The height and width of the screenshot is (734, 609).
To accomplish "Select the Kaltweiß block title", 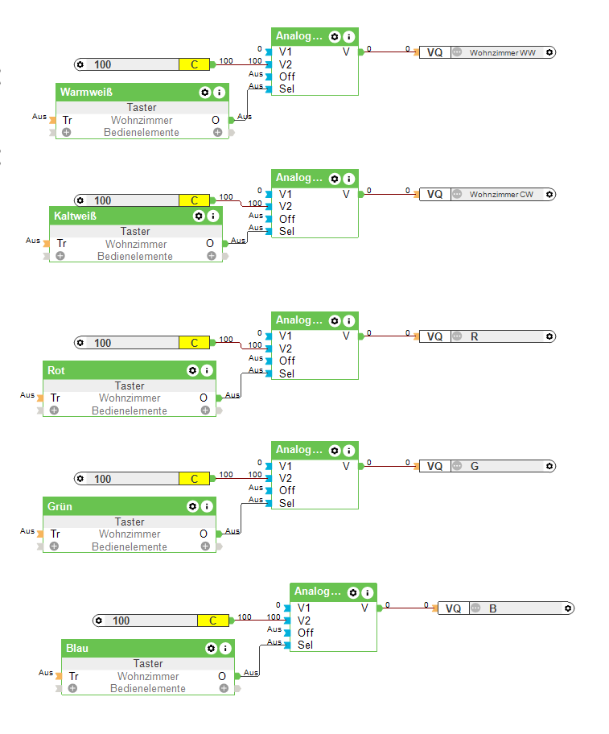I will tap(76, 216).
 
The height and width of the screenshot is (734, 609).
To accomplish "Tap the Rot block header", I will tap(56, 370).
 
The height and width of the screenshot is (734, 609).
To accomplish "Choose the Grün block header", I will tap(60, 506).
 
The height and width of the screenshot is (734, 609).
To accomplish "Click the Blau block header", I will tap(78, 648).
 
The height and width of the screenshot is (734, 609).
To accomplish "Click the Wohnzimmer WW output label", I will tap(503, 52).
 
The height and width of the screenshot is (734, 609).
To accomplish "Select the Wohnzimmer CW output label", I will tap(501, 194).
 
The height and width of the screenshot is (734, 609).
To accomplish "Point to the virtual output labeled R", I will tap(475, 336).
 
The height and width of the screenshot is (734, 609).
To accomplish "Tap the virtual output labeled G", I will tap(475, 466).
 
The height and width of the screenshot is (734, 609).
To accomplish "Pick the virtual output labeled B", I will tap(493, 608).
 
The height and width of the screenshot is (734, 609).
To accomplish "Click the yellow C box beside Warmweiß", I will tap(194, 64).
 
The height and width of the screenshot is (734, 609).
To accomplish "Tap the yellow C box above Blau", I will tap(213, 621).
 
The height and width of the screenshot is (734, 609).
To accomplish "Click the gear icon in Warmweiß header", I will tap(205, 93).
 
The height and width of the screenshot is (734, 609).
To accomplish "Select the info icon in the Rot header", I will tap(207, 370).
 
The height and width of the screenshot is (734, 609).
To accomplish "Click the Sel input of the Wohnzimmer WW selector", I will tap(286, 89).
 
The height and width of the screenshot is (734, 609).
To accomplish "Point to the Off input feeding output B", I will tap(306, 633).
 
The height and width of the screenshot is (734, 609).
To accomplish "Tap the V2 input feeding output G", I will tap(286, 478).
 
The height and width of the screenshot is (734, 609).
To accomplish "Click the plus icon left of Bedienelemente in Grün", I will tap(54, 546).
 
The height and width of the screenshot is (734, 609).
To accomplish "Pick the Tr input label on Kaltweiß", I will tap(61, 244).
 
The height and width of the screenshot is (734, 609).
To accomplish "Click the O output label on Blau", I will tap(222, 677).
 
